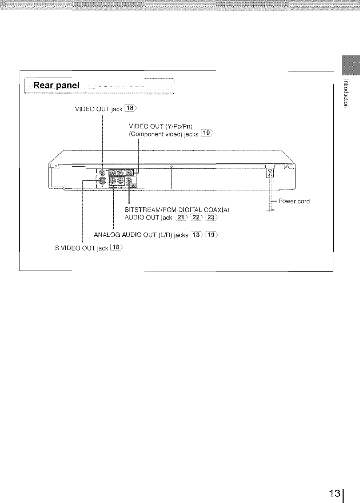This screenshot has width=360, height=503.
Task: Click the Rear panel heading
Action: tap(56, 86)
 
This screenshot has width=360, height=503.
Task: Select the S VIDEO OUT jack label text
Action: tap(81, 248)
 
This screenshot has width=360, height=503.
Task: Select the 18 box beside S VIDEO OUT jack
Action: tap(116, 248)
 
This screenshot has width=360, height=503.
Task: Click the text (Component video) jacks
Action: tap(164, 134)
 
